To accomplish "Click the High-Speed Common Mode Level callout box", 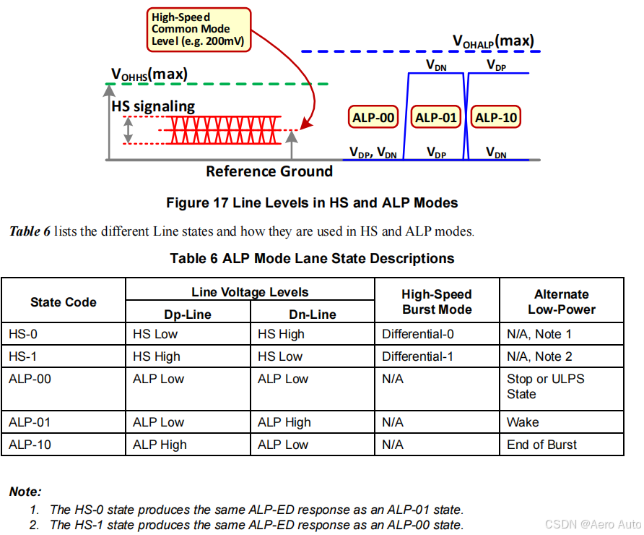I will tap(200, 30).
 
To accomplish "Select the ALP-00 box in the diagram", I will tap(373, 118).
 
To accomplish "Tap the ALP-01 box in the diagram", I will tap(436, 118).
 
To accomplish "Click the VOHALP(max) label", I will tap(493, 41).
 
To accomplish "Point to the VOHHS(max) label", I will tap(149, 74).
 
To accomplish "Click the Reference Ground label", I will tap(269, 171).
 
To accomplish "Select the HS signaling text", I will tap(153, 106).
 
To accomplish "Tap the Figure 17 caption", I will tap(312, 203).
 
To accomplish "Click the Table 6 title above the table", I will tap(312, 258).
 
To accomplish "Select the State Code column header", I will tap(64, 302).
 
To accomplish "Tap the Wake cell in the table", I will tap(523, 422).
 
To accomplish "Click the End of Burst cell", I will tap(541, 445).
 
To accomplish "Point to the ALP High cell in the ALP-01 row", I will tap(284, 422).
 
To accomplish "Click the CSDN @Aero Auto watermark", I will tap(592, 524).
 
